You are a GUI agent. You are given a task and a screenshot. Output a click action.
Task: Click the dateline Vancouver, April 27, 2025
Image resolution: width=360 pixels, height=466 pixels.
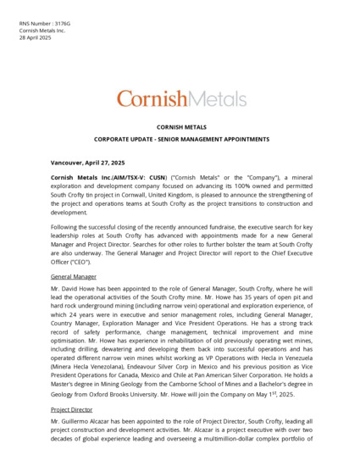tap(88, 163)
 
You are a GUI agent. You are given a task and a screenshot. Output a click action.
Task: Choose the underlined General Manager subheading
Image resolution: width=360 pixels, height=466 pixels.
tap(74, 277)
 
